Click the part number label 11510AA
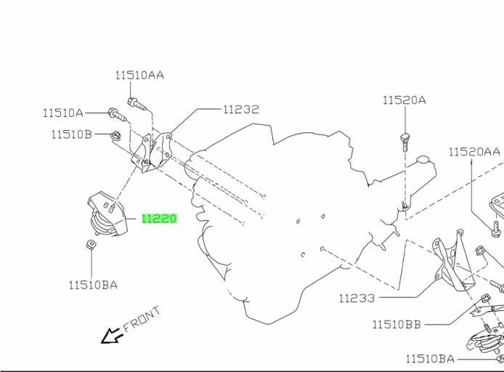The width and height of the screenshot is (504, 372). coord(139,76)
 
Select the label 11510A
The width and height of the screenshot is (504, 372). coord(63,113)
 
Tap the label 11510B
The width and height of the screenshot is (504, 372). coord(72,134)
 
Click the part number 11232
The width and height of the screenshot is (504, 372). coord(241,109)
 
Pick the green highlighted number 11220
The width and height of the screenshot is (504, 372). coord(160,219)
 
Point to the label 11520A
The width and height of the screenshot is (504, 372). coord(405,100)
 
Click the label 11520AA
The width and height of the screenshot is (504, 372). coord(474,152)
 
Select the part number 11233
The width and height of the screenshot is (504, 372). coord(357,299)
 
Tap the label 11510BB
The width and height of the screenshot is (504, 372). coord(397,325)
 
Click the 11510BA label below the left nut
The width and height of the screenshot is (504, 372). coord(93,285)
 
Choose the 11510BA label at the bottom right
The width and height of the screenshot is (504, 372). coord(430,358)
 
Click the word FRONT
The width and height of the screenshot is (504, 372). coord(142,319)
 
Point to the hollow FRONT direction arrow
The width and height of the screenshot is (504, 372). coord(111,336)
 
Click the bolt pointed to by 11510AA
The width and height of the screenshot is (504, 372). coord(137,103)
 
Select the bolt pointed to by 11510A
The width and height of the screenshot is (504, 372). coord(117,115)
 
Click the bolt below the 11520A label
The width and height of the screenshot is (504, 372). coord(405,142)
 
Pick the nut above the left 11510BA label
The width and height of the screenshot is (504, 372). coord(92,245)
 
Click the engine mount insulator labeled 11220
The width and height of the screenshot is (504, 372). coord(107,214)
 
